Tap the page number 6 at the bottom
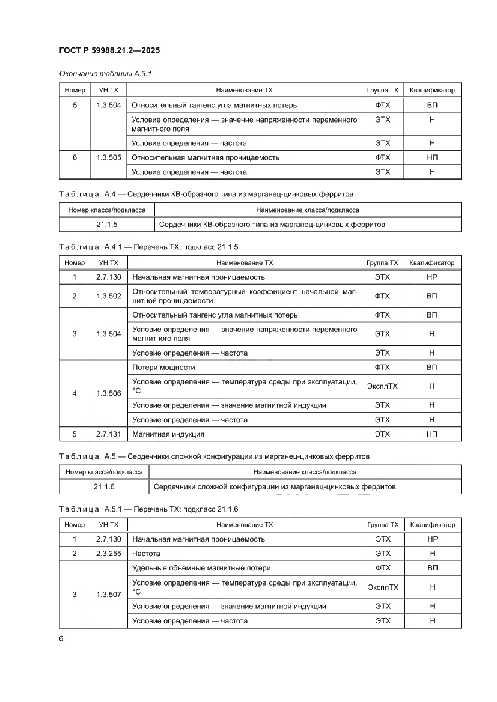pyautogui.click(x=61, y=638)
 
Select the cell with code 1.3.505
pyautogui.click(x=108, y=157)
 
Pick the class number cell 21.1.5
pyautogui.click(x=106, y=225)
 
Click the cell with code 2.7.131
pyautogui.click(x=108, y=434)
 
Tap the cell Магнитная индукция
pyautogui.click(x=168, y=434)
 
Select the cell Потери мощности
pyautogui.click(x=163, y=367)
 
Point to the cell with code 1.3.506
pyautogui.click(x=108, y=393)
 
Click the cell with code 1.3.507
pyautogui.click(x=108, y=595)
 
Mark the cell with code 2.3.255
pyautogui.click(x=108, y=553)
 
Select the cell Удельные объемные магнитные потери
pyautogui.click(x=201, y=567)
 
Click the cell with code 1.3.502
pyautogui.click(x=108, y=296)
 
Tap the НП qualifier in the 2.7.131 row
pyautogui.click(x=432, y=434)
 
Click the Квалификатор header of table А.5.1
pyautogui.click(x=432, y=524)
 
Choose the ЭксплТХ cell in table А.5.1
pyautogui.click(x=382, y=587)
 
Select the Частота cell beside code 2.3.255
pyautogui.click(x=146, y=553)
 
